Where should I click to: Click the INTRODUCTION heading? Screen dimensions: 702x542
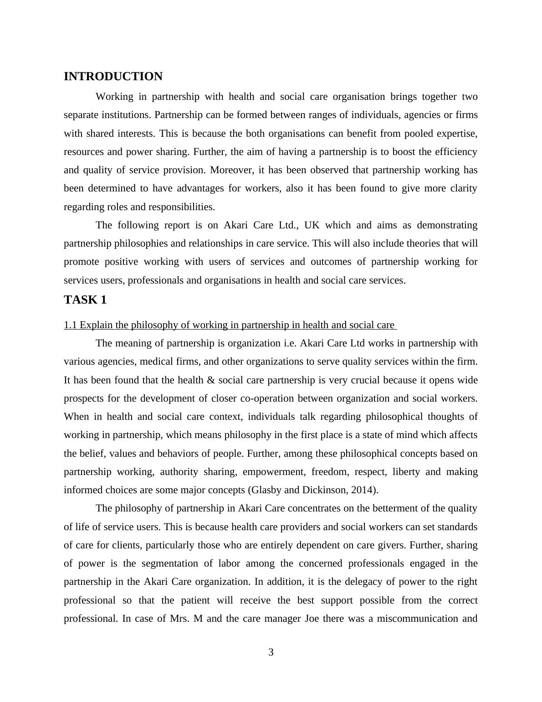coord(113,77)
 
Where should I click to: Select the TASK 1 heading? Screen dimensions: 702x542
coord(85,300)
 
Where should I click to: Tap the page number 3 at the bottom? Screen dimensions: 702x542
coord(271,652)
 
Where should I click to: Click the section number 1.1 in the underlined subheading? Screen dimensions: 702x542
coord(70,325)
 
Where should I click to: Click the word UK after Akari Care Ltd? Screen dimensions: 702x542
coord(312,225)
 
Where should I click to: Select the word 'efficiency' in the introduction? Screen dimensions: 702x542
coord(456,152)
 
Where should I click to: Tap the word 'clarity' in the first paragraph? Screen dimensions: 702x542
coord(463,188)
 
